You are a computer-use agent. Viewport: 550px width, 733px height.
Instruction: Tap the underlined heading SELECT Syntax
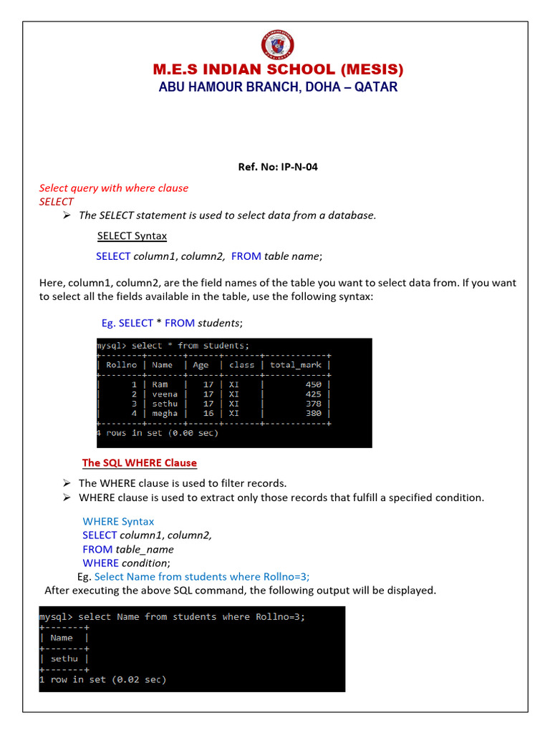pos(132,236)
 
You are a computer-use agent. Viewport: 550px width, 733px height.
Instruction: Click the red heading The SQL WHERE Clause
pos(139,463)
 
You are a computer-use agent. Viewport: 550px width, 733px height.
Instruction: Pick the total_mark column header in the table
pos(296,364)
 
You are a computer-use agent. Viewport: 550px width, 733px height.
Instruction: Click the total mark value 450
pos(313,384)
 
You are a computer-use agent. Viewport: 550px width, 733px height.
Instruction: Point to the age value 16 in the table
pos(208,413)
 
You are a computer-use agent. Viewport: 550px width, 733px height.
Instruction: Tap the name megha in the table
pos(166,413)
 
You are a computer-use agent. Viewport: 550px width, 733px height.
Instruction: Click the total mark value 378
pos(313,404)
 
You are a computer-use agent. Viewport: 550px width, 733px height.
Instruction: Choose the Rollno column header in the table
pos(121,364)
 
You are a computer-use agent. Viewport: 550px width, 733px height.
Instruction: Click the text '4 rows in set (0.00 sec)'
pos(158,433)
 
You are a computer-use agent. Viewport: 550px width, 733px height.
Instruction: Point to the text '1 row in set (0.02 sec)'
pos(102,679)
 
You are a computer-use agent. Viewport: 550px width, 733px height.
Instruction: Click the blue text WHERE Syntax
pos(118,522)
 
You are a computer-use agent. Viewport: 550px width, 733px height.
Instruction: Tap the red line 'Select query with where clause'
pos(113,188)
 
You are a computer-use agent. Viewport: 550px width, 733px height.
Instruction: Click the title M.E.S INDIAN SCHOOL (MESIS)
pos(279,69)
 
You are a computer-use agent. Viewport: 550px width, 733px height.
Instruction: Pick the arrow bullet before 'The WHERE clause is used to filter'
pos(66,483)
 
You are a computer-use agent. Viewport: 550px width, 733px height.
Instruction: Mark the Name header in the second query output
pos(62,638)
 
